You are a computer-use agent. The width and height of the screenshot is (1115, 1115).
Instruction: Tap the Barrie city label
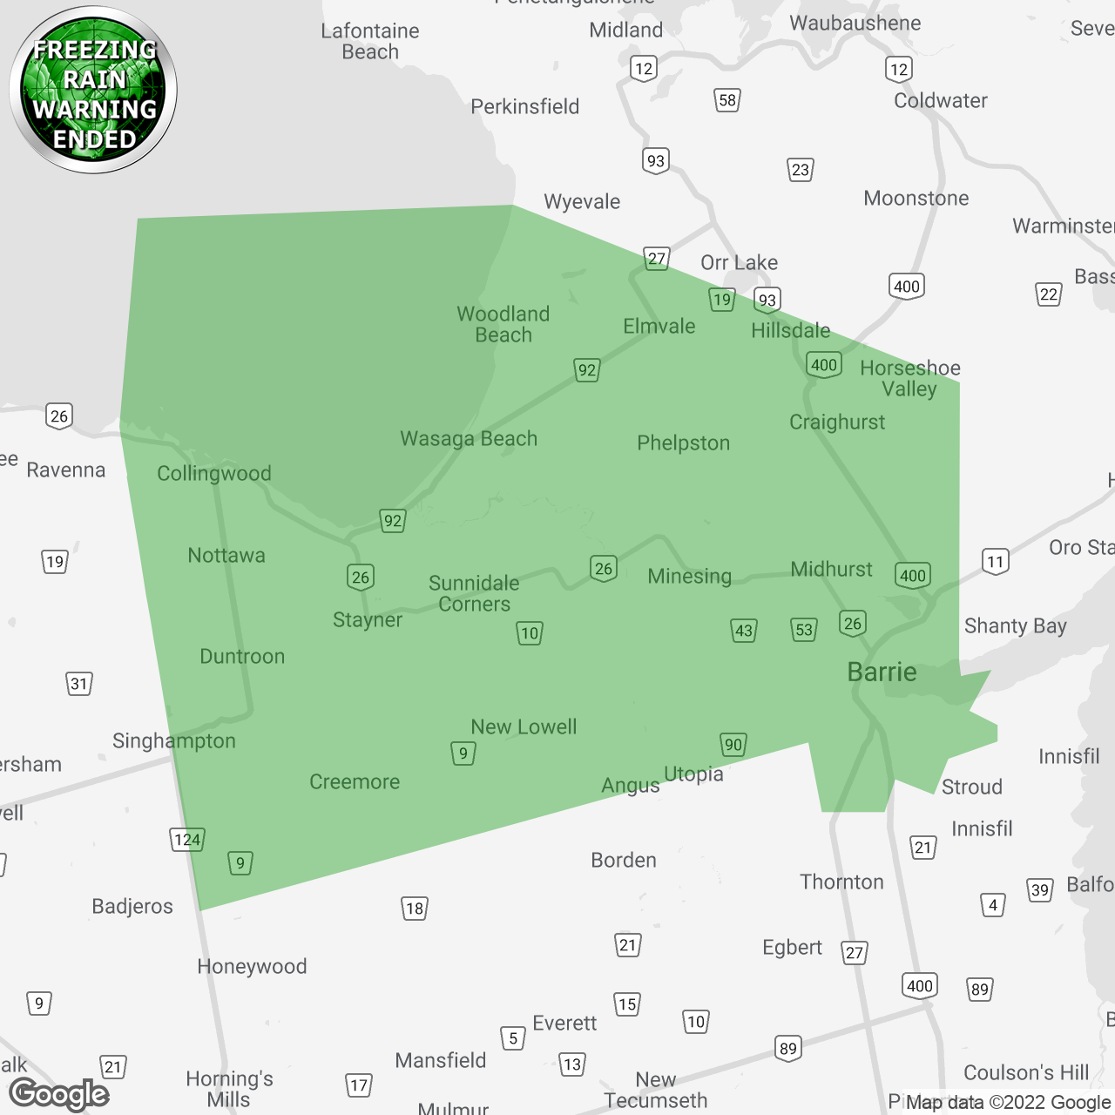pyautogui.click(x=882, y=672)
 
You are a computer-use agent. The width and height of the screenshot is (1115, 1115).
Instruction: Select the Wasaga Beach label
pyautogui.click(x=469, y=439)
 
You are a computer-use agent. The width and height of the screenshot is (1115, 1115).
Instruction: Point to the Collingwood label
pyautogui.click(x=214, y=474)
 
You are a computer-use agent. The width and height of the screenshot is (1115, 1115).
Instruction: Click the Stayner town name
pyautogui.click(x=368, y=620)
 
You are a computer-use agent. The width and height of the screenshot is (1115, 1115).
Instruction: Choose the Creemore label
pyautogui.click(x=355, y=782)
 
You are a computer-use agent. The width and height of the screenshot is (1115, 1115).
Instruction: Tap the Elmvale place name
pyautogui.click(x=659, y=327)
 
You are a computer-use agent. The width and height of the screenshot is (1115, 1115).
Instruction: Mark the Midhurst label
pyautogui.click(x=831, y=570)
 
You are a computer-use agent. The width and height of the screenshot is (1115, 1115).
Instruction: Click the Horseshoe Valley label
pyautogui.click(x=910, y=379)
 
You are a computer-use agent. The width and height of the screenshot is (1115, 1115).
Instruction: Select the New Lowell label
pyautogui.click(x=524, y=727)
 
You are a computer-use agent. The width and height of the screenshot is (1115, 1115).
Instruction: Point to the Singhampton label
pyautogui.click(x=174, y=741)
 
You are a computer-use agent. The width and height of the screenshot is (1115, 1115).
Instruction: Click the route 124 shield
pyautogui.click(x=187, y=840)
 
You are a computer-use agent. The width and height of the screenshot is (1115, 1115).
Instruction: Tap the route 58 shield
pyautogui.click(x=727, y=100)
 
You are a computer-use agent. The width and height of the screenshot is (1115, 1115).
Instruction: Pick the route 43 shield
pyautogui.click(x=744, y=631)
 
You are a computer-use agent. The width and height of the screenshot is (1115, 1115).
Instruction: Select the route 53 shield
pyautogui.click(x=804, y=630)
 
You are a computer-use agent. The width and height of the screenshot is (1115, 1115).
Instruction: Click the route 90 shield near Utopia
pyautogui.click(x=733, y=745)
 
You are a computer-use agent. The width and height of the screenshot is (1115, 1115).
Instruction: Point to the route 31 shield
pyautogui.click(x=79, y=684)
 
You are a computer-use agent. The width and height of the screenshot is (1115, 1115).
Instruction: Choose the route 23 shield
pyautogui.click(x=801, y=170)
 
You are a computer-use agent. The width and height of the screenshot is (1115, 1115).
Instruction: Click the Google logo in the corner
pyautogui.click(x=59, y=1094)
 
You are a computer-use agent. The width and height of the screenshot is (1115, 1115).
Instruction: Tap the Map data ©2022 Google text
pyautogui.click(x=1008, y=1103)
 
